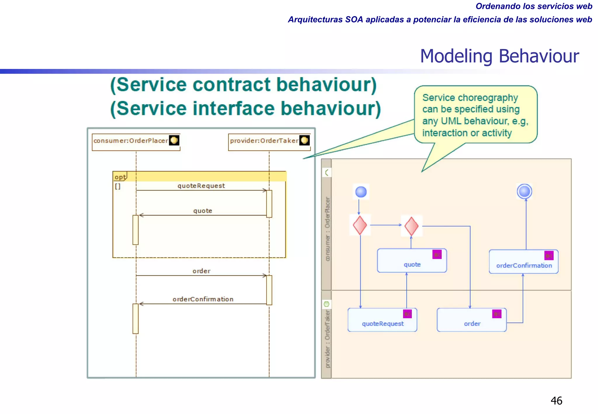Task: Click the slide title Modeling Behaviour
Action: [x=499, y=56]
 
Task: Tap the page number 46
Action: [x=556, y=401]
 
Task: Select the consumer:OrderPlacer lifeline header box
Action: [x=136, y=142]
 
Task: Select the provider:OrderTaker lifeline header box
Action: [x=269, y=142]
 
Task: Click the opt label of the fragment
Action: [x=120, y=177]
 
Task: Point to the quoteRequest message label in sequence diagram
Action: [x=201, y=186]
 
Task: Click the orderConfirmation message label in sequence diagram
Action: [x=203, y=299]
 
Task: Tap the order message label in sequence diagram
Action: [x=201, y=271]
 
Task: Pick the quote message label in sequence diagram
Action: [x=203, y=211]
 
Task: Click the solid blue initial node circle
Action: [x=361, y=192]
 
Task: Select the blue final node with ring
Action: [x=524, y=192]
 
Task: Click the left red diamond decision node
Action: [x=360, y=225]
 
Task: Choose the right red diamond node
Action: [x=411, y=226]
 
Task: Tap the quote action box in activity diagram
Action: [x=412, y=261]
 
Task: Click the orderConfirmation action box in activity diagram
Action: [x=524, y=262]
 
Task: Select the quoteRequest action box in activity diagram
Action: [x=382, y=320]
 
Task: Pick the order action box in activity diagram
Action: [x=472, y=320]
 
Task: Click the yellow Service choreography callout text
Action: [x=475, y=115]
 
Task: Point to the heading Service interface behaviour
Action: [x=246, y=109]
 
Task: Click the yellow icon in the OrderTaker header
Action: [x=304, y=140]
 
